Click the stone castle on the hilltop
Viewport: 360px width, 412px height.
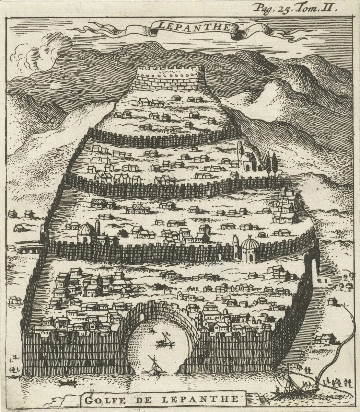tap(171, 77)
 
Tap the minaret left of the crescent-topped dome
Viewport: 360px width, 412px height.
tap(236, 247)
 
